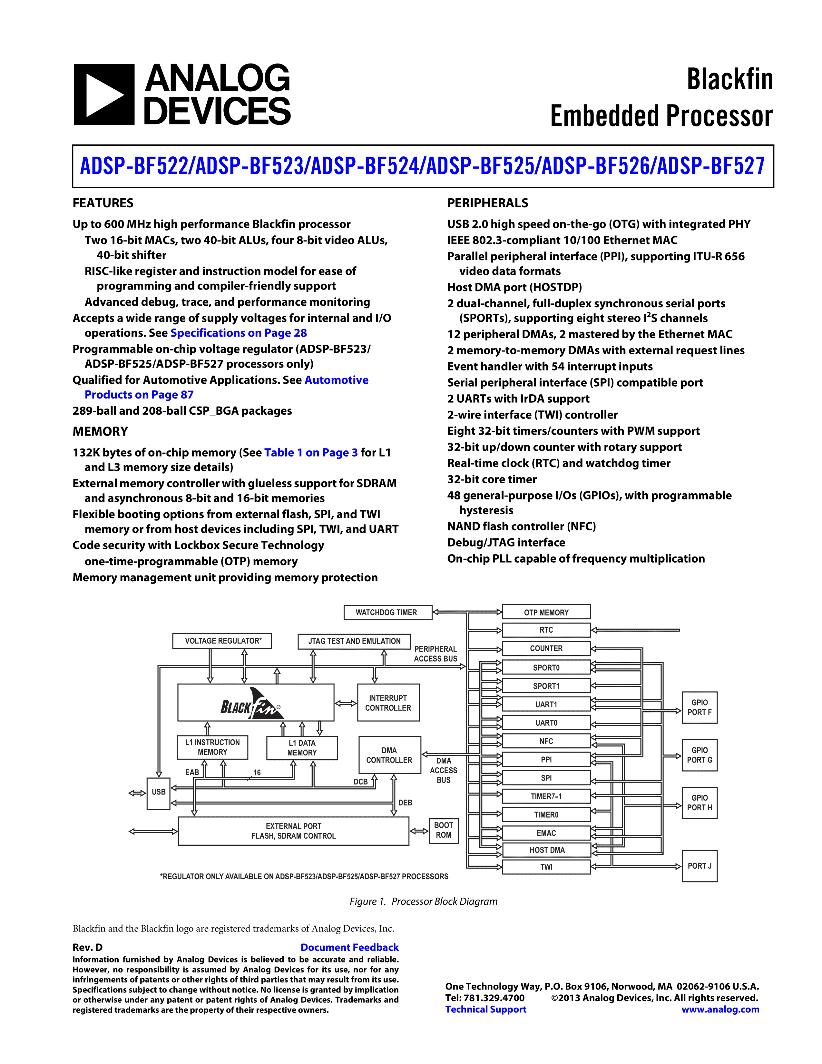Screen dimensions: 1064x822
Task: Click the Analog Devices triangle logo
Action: (104, 94)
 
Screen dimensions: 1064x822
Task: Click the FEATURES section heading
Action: (103, 203)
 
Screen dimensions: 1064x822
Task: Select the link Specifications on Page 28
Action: (239, 333)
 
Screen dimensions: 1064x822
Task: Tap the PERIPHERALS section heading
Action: (487, 203)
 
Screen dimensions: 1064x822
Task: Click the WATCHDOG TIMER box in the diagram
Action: (387, 612)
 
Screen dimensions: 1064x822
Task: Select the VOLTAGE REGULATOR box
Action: (222, 641)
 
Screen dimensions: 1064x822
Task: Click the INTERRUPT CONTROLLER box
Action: (388, 703)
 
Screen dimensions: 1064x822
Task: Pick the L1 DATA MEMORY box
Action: (302, 748)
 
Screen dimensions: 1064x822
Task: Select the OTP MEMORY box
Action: (546, 612)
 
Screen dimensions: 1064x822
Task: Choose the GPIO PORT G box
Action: (699, 755)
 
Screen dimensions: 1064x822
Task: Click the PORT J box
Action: (699, 866)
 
